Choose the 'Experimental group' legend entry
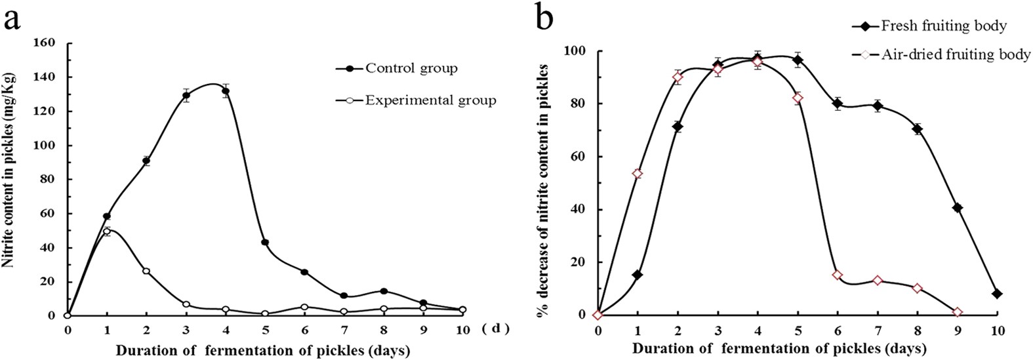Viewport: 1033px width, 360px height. (416, 101)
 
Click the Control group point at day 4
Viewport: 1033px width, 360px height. (226, 92)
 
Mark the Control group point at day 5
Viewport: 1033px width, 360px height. (265, 243)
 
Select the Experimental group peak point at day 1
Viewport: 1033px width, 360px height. (107, 231)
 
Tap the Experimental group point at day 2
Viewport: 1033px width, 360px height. (146, 271)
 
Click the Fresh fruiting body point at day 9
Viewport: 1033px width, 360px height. (958, 208)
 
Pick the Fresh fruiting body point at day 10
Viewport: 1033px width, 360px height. (997, 294)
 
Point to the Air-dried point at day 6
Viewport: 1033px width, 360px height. (838, 275)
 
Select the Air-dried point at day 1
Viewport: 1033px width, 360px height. (637, 174)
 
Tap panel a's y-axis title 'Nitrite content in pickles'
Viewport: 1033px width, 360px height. (10, 169)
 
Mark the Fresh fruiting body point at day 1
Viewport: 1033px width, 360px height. (637, 275)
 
